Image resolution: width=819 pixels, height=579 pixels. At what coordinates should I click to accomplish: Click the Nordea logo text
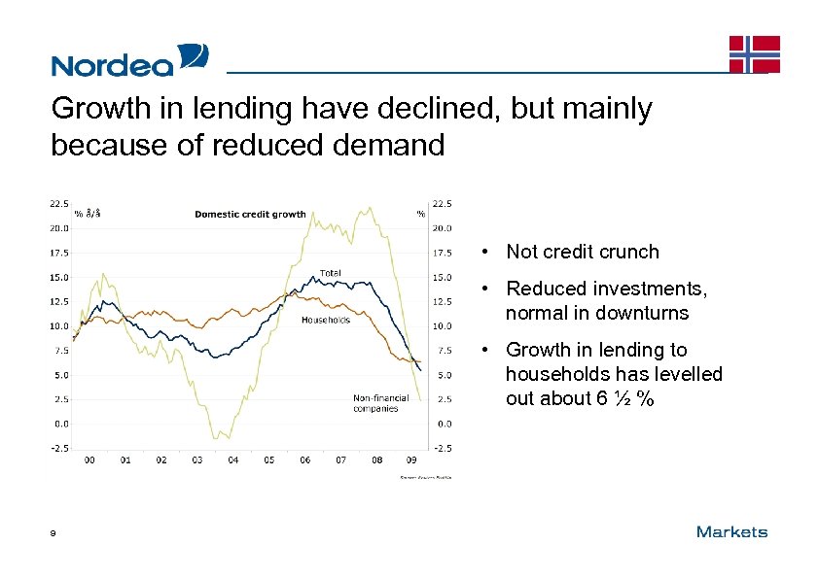112,64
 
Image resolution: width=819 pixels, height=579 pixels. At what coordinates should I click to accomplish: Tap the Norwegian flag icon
755,53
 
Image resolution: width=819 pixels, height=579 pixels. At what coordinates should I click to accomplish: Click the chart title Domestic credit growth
250,214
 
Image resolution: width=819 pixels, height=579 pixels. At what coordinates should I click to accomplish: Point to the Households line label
325,320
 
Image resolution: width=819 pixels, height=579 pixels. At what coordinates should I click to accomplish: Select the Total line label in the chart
331,273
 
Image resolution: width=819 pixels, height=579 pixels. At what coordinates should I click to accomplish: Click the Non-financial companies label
375,403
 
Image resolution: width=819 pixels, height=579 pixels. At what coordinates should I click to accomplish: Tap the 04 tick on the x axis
233,460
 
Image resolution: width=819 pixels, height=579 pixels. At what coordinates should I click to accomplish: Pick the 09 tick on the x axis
412,460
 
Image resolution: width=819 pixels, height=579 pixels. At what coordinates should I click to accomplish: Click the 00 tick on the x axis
89,460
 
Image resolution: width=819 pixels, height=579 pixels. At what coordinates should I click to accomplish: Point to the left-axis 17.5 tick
59,253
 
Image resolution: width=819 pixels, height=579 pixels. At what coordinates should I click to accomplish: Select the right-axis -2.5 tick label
443,448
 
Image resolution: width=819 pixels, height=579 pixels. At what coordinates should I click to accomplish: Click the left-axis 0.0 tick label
60,424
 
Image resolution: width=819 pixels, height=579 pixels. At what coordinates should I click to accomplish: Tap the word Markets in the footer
731,532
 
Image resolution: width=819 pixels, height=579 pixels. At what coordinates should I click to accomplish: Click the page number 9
54,533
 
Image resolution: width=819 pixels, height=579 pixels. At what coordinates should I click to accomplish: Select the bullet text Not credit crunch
582,253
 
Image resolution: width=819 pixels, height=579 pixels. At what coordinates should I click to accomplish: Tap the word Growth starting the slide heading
99,109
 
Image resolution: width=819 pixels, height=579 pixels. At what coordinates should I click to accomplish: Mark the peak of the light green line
369,207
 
